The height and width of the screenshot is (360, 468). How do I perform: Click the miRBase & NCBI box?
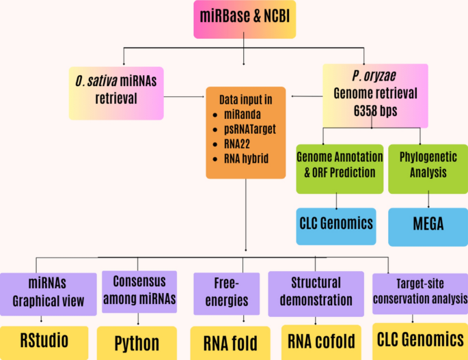tap(245, 18)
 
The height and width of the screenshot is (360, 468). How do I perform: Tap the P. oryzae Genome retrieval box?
tap(374, 94)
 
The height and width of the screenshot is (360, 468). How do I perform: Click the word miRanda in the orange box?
tap(243, 115)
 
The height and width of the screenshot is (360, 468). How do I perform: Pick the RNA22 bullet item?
tap(238, 144)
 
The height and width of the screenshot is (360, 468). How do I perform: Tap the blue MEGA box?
tap(428, 224)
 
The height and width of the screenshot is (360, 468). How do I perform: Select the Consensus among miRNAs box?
tap(139, 290)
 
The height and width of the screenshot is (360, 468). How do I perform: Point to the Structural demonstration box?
tap(316, 292)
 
